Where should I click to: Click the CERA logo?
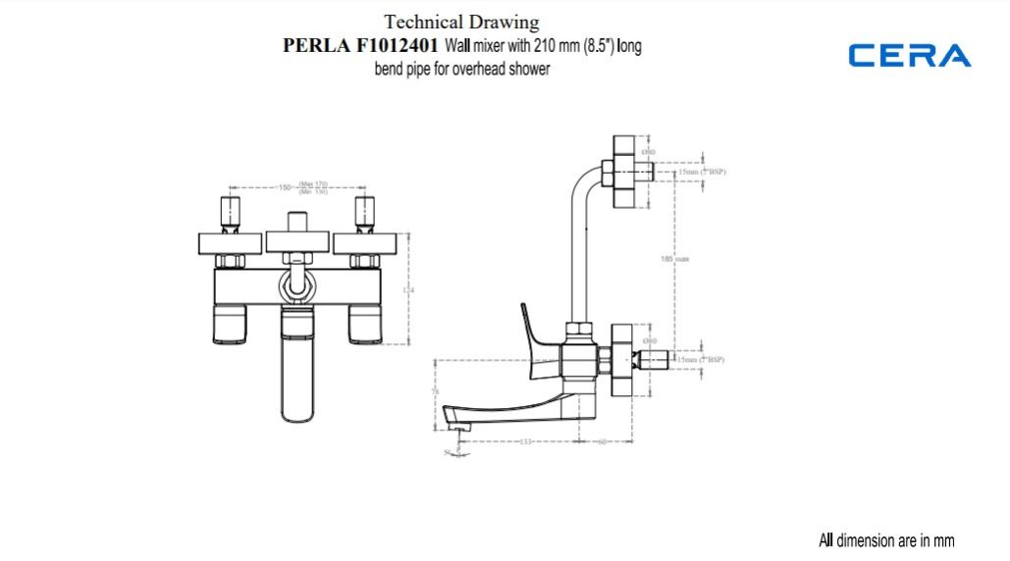pyautogui.click(x=910, y=56)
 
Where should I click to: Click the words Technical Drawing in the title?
pyautogui.click(x=461, y=22)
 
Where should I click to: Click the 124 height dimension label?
pyautogui.click(x=409, y=290)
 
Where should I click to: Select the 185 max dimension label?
pyautogui.click(x=675, y=259)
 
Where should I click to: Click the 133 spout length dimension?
pyautogui.click(x=525, y=442)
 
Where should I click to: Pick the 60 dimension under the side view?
pyautogui.click(x=602, y=442)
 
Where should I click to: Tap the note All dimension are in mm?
pyautogui.click(x=886, y=540)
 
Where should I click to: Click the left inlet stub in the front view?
pyautogui.click(x=231, y=214)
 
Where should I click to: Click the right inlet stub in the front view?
pyautogui.click(x=364, y=214)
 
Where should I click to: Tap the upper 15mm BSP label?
pyautogui.click(x=701, y=173)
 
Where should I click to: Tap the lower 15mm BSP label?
pyautogui.click(x=701, y=360)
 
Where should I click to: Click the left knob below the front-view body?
pyautogui.click(x=230, y=323)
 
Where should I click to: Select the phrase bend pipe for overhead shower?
pyautogui.click(x=461, y=70)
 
